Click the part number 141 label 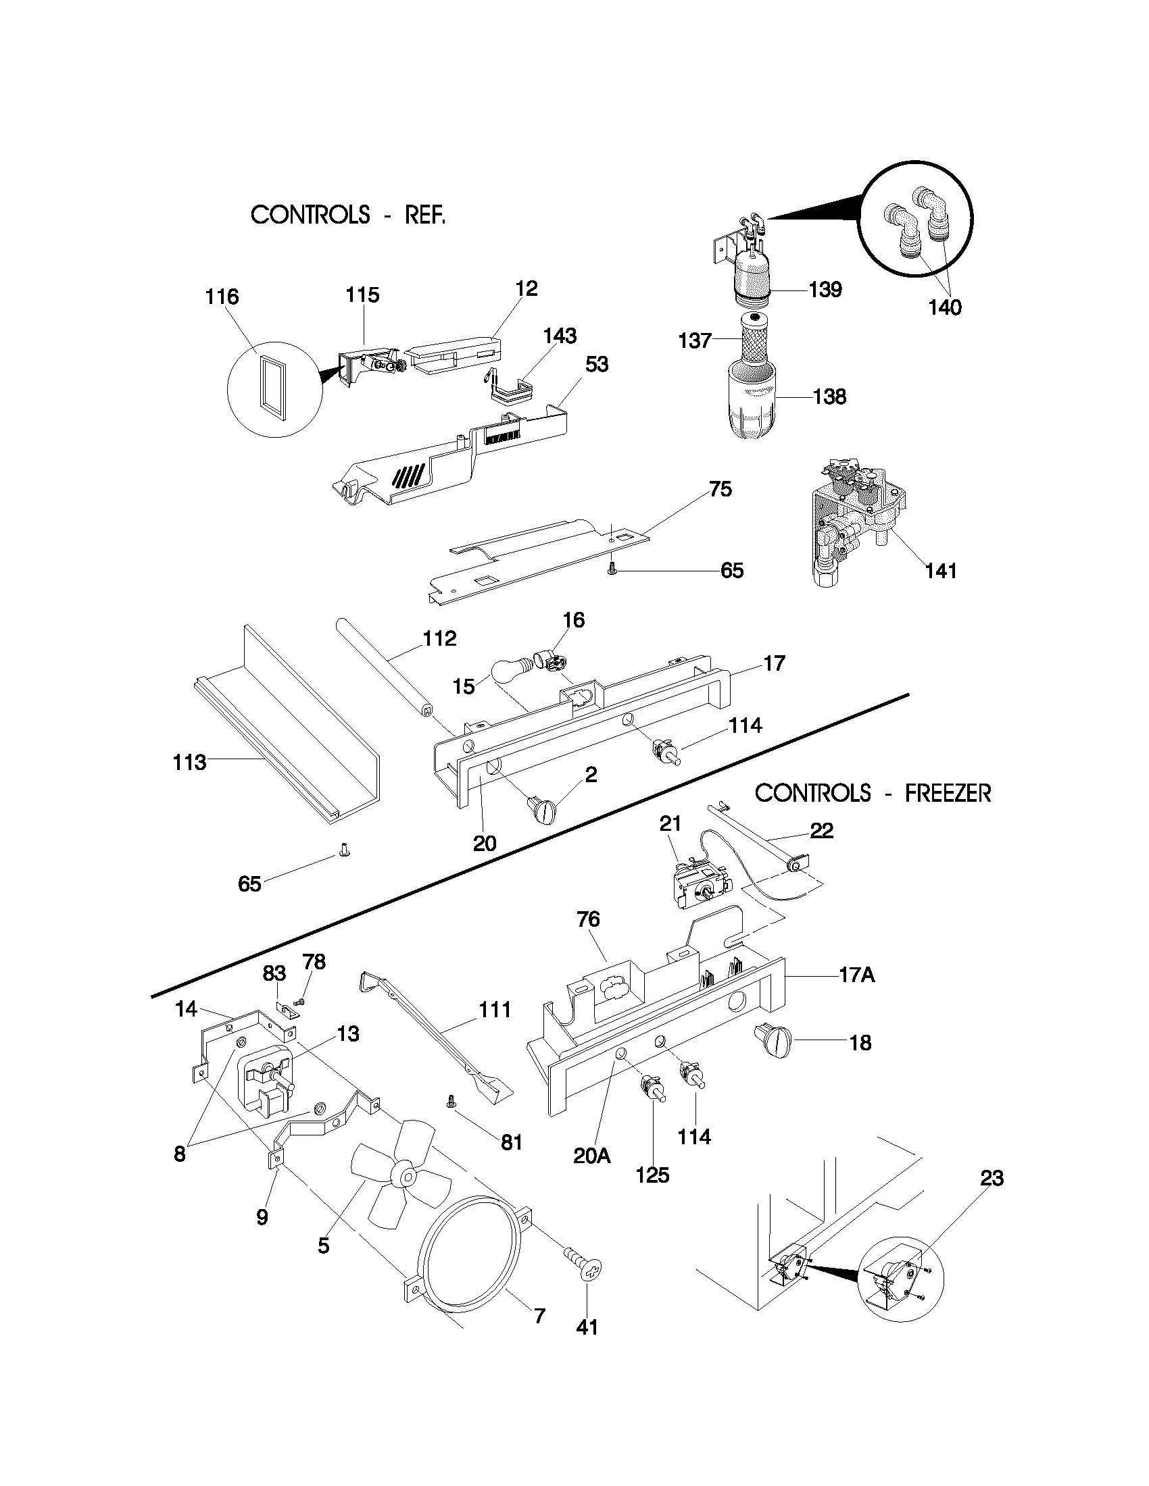941,570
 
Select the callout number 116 222,297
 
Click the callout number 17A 856,975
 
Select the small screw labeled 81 449,1100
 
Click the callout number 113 189,762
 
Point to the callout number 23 991,1178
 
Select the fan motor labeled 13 264,1076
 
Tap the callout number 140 945,307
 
